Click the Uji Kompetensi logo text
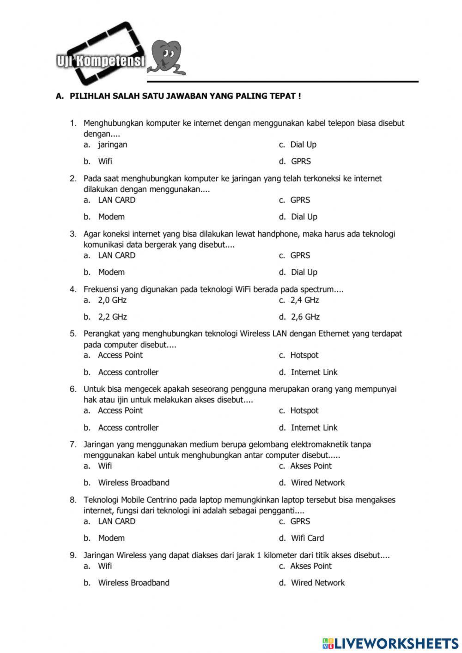101,61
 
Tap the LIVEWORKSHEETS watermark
390,643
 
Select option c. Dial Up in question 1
303,145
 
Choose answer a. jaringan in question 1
112,145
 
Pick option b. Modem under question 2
111,217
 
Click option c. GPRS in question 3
300,256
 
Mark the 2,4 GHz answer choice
304,300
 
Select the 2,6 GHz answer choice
305,317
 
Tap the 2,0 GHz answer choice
112,300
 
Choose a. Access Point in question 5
120,355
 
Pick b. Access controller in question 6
128,428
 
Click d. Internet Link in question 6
314,428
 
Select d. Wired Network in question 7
317,483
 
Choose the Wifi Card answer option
307,538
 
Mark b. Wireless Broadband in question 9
134,583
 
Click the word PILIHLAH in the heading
90,96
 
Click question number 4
73,290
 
